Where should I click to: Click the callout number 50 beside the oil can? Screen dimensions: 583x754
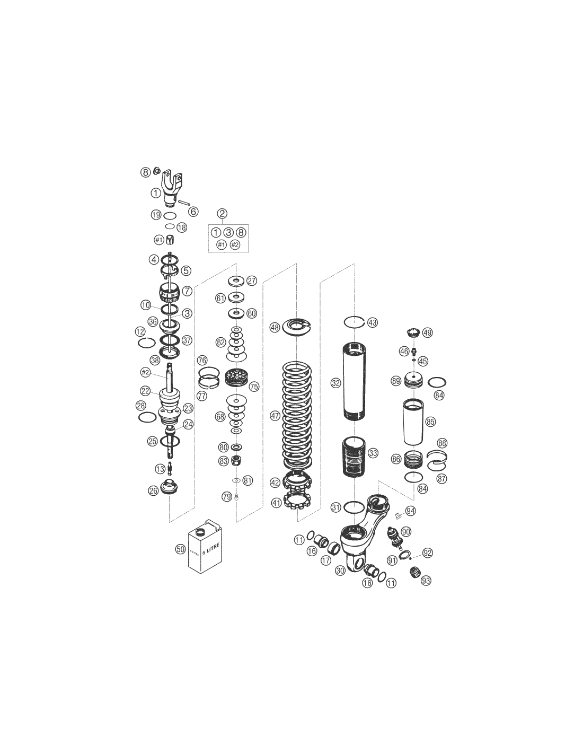click(180, 549)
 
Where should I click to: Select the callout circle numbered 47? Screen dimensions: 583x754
click(275, 416)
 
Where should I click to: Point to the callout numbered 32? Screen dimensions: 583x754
click(335, 383)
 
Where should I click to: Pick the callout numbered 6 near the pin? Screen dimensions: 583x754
click(193, 212)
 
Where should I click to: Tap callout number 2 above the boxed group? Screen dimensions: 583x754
click(222, 213)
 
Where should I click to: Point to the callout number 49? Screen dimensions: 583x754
click(427, 332)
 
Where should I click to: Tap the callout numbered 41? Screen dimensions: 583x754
click(277, 503)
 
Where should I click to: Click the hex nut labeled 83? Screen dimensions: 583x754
click(236, 460)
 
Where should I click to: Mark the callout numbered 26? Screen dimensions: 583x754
click(153, 490)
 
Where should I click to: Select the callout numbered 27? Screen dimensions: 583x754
click(252, 280)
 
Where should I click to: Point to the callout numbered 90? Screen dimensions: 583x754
click(406, 531)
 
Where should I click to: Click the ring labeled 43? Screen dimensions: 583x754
click(354, 322)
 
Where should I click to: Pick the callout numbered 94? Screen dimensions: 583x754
click(411, 511)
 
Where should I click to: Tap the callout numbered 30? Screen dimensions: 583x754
click(341, 571)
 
